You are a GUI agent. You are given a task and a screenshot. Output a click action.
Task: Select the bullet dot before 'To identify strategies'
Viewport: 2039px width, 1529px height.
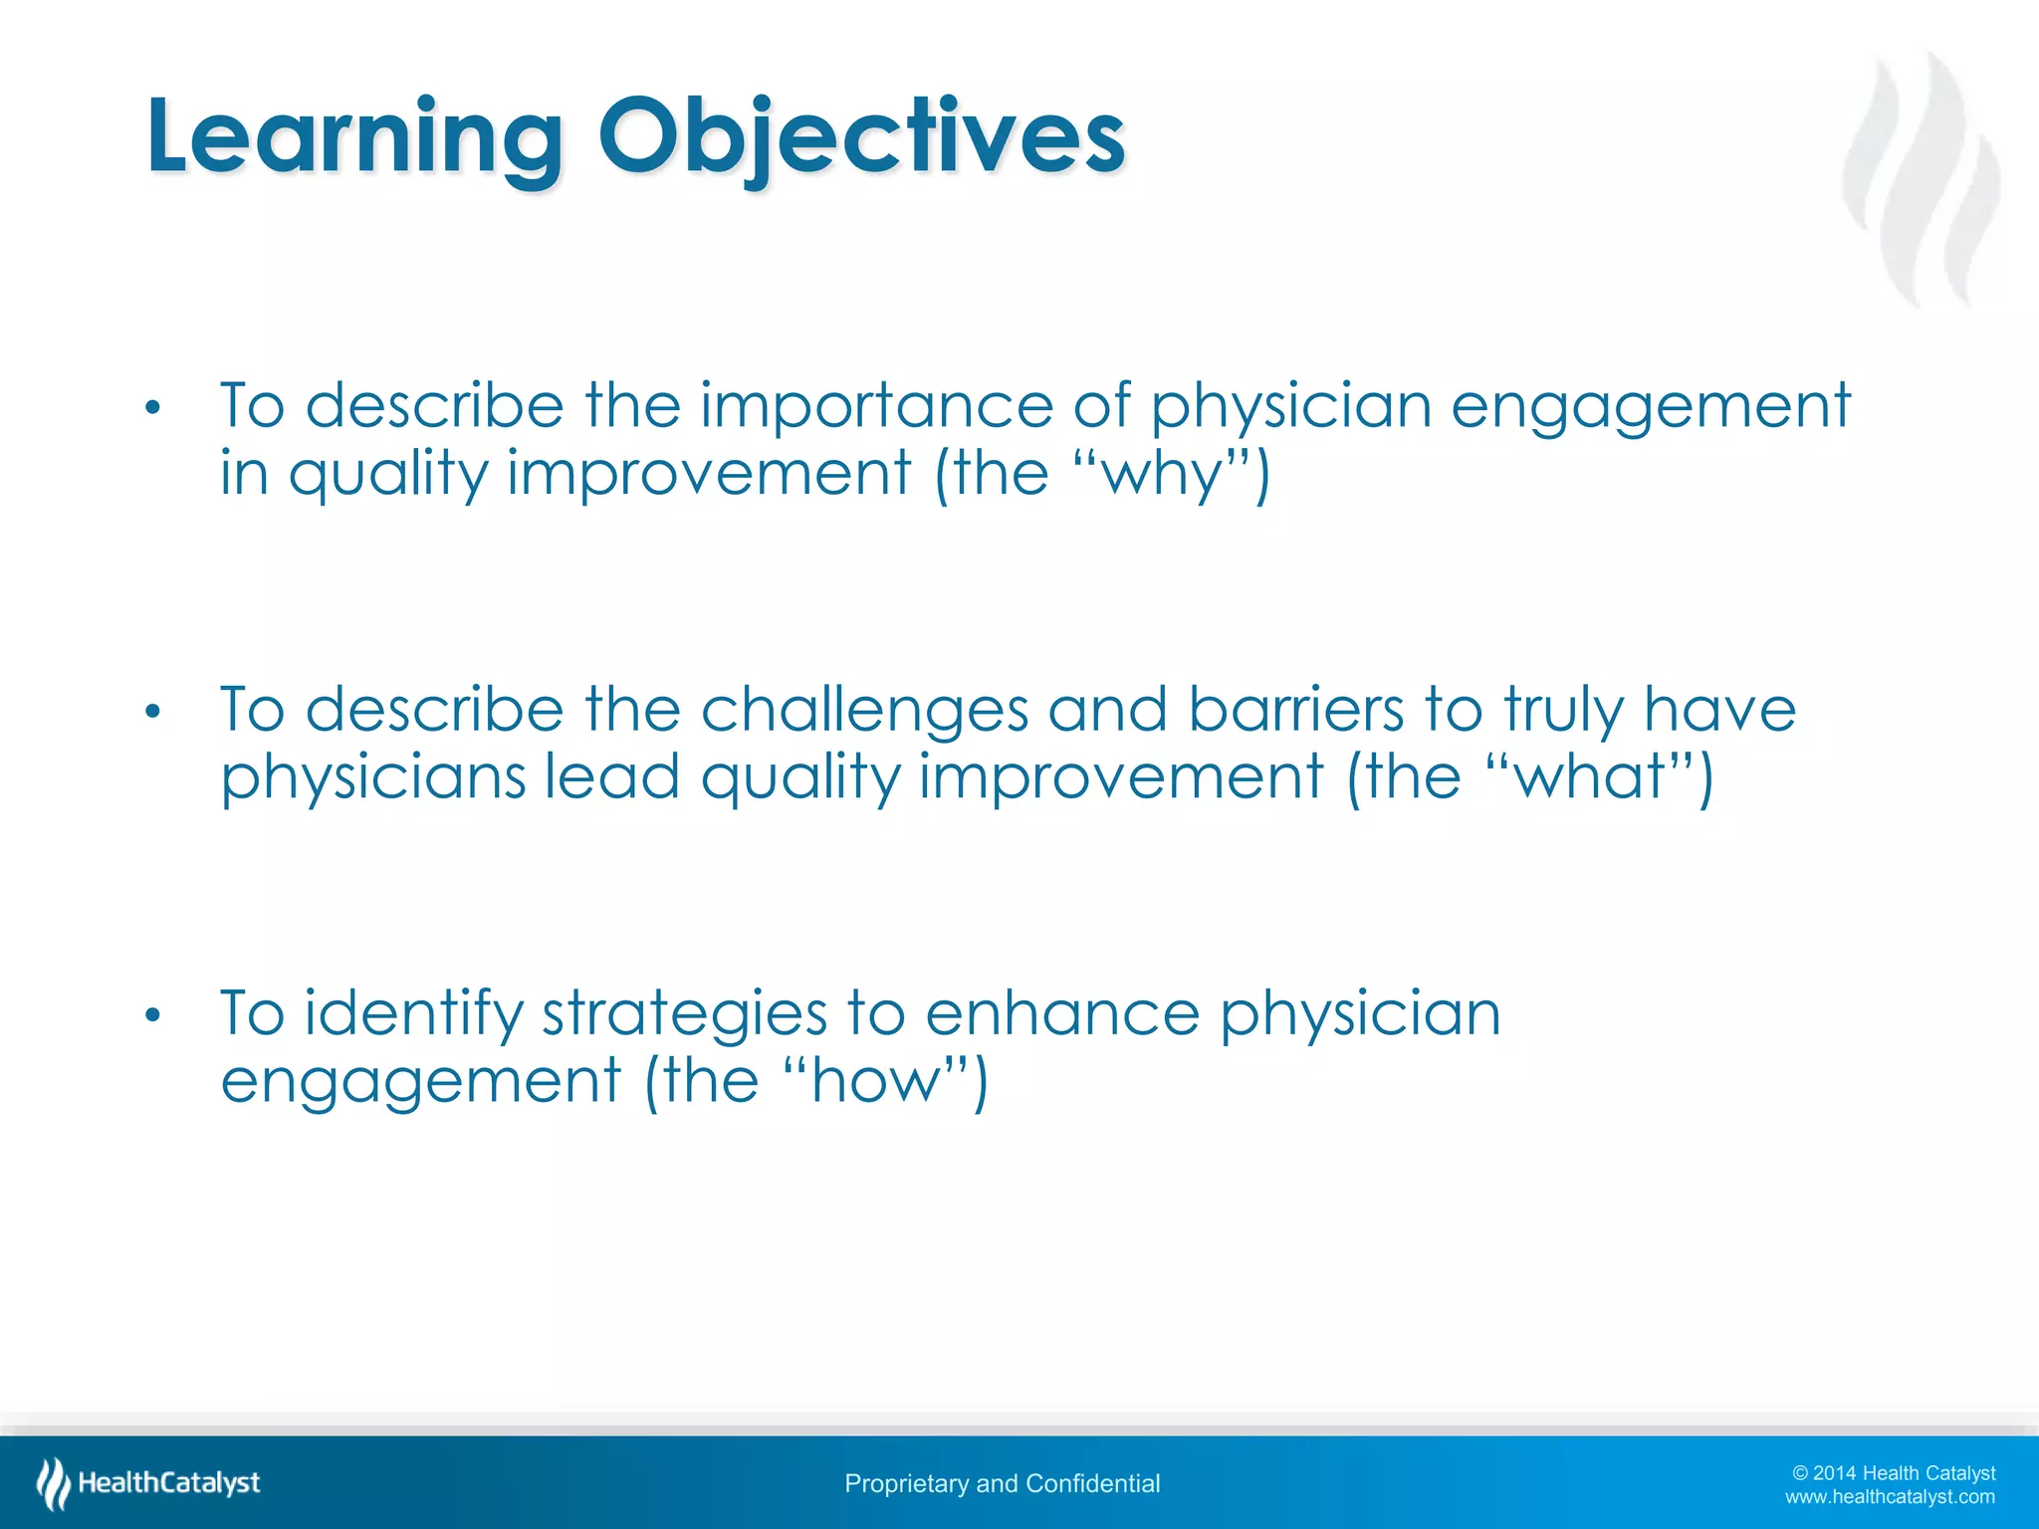coord(151,1015)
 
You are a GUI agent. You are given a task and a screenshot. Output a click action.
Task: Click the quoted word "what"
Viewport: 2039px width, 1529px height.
coord(1588,777)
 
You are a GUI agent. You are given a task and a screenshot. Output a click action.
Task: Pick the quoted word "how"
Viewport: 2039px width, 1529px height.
coord(875,1081)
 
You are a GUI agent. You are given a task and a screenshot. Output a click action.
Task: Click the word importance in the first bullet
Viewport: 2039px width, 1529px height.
coord(876,407)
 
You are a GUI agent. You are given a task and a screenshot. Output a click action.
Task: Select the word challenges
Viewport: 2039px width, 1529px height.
coord(864,713)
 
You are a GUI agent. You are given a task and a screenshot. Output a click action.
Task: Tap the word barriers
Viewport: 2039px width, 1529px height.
coord(1295,711)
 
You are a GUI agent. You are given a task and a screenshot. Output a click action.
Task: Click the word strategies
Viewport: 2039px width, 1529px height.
coord(684,1015)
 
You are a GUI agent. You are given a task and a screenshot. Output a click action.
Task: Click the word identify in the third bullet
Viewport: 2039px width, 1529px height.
coord(413,1015)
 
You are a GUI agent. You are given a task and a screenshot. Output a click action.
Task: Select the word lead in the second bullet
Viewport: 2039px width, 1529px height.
coord(612,776)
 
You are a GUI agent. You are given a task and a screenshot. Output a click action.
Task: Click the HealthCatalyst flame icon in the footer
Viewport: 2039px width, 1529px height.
coord(53,1483)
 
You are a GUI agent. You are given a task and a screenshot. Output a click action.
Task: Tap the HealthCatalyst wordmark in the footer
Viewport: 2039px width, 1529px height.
coord(169,1483)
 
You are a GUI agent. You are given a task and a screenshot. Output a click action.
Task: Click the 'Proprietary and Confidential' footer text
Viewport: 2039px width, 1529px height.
coord(1002,1484)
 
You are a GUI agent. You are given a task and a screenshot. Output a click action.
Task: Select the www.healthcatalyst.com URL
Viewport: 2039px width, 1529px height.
coord(1890,1497)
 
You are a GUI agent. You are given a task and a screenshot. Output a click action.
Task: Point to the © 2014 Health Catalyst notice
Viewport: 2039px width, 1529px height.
coord(1894,1473)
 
